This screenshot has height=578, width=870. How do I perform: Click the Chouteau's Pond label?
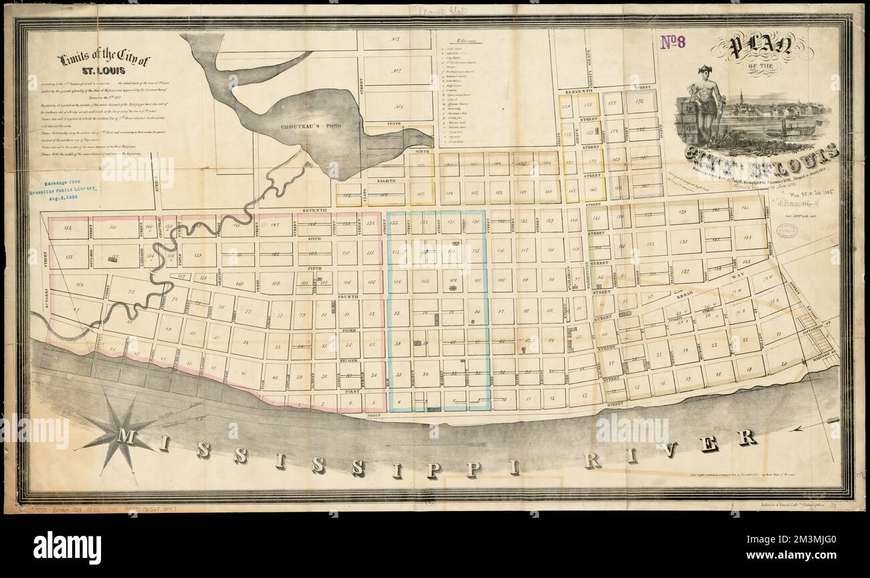303,125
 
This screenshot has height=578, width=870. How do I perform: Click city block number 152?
68,228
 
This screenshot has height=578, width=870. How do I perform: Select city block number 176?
640,101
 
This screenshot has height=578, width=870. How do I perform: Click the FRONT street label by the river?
373,416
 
